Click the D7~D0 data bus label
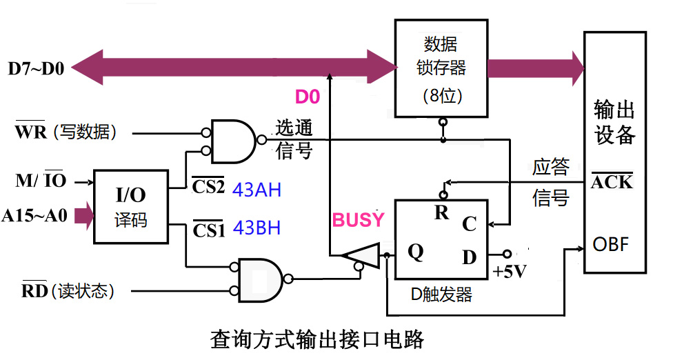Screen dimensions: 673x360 pos(36,69)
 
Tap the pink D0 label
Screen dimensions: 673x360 pos(308,97)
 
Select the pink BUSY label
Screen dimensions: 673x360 pos(358,220)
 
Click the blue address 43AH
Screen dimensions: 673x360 pos(257,190)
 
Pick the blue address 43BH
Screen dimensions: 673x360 pos(257,228)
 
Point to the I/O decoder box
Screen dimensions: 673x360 pos(130,207)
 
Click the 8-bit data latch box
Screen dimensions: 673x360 pos(441,68)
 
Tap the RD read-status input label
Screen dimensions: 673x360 pos(68,290)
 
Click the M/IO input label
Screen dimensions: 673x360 pos(41,180)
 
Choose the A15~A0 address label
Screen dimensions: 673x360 pos(34,215)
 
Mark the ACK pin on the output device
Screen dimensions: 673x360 pos(612,182)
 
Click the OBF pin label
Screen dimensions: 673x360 pos(610,245)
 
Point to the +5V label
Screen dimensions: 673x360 pos(510,272)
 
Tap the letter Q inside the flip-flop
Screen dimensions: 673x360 pos(416,252)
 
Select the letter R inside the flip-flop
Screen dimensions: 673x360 pos(441,212)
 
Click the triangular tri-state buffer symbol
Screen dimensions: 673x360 pos(361,255)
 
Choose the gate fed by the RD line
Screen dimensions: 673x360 pos(261,280)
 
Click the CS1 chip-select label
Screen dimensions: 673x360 pos(209,230)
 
